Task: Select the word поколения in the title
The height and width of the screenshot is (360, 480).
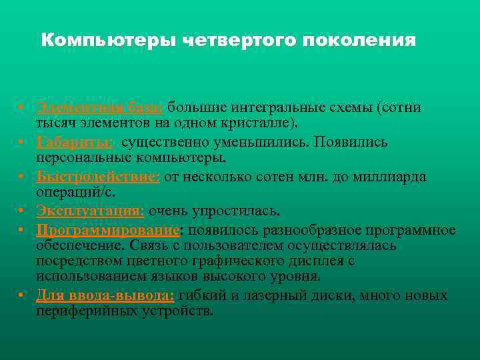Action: point(359,41)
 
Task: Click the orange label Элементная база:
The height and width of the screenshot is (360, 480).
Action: point(99,108)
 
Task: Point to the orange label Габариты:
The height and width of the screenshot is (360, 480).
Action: point(75,143)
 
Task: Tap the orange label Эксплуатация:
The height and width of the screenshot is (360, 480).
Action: point(90,211)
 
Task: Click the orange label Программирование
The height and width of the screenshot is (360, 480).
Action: point(107,230)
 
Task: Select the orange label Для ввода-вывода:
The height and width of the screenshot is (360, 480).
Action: point(105,295)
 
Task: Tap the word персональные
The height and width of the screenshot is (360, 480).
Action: point(79,159)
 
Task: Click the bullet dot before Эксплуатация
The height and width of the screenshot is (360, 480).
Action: point(22,211)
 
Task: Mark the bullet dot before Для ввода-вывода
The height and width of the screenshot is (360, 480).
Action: point(22,295)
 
